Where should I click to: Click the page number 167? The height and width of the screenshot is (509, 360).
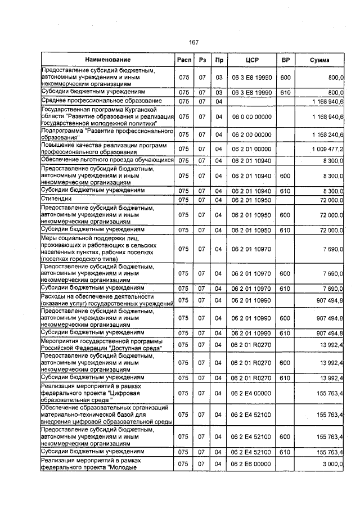(194, 43)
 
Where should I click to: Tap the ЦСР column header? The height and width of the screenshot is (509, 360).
(251, 60)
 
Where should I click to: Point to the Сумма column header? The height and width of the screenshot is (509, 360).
(319, 60)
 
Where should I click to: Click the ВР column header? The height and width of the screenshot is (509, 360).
(285, 60)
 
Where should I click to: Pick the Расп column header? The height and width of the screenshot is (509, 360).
(183, 60)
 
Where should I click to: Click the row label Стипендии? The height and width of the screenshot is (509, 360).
(56, 200)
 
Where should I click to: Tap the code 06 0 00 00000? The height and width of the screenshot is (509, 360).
(251, 116)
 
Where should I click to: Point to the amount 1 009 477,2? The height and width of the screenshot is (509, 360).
(326, 150)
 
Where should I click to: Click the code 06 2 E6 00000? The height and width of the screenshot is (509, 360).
(251, 464)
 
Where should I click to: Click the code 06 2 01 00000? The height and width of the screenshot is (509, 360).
(251, 150)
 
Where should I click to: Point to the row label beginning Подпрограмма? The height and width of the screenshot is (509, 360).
(107, 134)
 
